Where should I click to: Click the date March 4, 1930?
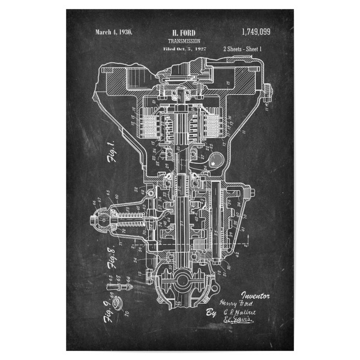113,31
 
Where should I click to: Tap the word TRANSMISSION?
184,40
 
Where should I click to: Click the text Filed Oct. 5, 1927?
184,48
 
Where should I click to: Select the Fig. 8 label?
111,256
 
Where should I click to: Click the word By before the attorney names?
211,313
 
